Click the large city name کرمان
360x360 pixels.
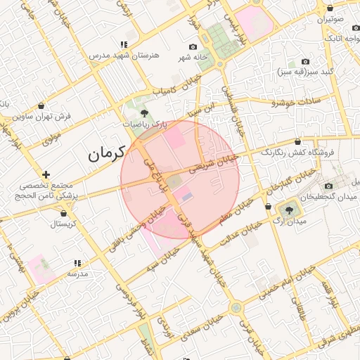coord(105,153)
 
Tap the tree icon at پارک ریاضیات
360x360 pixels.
coord(145,112)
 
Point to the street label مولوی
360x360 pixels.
coord(51,139)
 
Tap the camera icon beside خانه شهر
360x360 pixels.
coord(193,46)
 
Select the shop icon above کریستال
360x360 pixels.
coord(63,213)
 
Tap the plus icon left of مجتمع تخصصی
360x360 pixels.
coord(46,174)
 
